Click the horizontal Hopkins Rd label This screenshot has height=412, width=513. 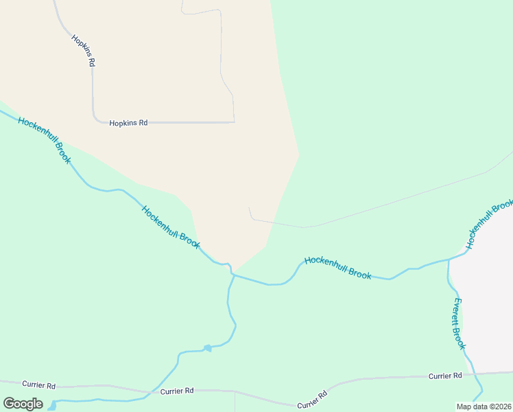point(128,123)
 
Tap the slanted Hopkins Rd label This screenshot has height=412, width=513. point(83,49)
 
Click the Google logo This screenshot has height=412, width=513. point(23,404)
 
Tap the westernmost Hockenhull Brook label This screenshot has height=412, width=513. point(45,140)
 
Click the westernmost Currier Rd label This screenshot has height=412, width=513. point(38,385)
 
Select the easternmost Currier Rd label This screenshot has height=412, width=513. point(445,376)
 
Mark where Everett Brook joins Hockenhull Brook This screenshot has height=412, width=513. point(449,260)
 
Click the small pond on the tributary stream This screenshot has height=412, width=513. point(208,348)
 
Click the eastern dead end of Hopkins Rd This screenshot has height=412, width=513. point(234,122)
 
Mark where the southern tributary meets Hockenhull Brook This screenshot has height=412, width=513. point(232,275)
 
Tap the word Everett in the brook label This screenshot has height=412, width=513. point(456,310)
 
